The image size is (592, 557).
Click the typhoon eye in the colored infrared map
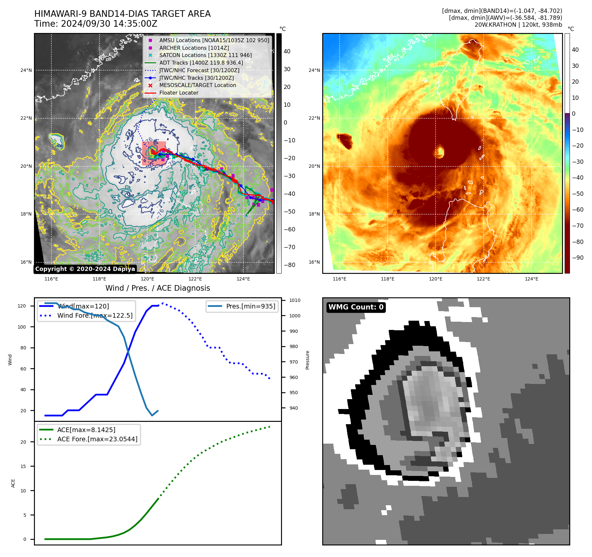(440, 152)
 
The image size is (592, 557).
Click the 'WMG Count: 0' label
(356, 307)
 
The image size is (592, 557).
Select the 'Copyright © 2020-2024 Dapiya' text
(85, 269)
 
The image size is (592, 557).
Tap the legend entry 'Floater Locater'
(179, 93)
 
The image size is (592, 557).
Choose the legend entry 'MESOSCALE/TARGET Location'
(198, 85)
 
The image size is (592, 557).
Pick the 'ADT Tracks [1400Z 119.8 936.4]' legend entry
(201, 63)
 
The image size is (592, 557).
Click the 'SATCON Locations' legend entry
(205, 55)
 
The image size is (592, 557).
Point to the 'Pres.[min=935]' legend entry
(250, 306)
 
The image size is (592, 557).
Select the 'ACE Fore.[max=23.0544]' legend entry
(97, 439)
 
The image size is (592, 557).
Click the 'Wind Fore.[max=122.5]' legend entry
(95, 315)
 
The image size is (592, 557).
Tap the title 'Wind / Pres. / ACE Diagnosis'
(157, 288)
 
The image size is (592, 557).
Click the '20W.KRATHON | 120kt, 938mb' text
(518, 25)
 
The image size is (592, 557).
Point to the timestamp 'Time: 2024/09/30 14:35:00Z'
(96, 24)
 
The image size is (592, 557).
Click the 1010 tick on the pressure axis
(295, 300)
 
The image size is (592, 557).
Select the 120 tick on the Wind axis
(22, 306)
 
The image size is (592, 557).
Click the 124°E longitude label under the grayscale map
(243, 279)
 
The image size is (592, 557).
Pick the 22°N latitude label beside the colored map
(314, 118)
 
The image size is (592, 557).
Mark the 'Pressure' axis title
(307, 360)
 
